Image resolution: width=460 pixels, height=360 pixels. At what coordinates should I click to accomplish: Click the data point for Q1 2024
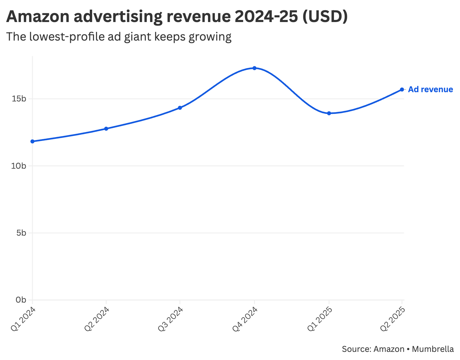(x=32, y=141)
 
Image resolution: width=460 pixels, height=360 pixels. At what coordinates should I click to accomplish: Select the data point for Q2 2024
(x=106, y=129)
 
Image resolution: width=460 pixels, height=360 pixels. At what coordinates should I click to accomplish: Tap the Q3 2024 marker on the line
(x=180, y=108)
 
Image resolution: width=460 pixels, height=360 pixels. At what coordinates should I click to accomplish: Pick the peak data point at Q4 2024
(x=254, y=68)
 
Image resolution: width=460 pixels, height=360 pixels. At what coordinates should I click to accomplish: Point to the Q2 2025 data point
(x=402, y=90)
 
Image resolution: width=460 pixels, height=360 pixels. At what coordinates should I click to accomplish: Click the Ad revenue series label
(x=430, y=90)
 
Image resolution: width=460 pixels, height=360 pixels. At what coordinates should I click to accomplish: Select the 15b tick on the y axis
(x=19, y=99)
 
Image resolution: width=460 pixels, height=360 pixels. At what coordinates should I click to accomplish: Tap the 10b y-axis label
(x=19, y=166)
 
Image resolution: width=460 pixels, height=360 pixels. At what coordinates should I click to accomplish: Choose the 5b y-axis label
(x=21, y=233)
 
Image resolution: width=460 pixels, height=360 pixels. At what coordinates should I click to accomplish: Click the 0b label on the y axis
(x=21, y=300)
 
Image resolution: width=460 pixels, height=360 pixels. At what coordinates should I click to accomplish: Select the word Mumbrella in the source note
(x=433, y=349)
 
